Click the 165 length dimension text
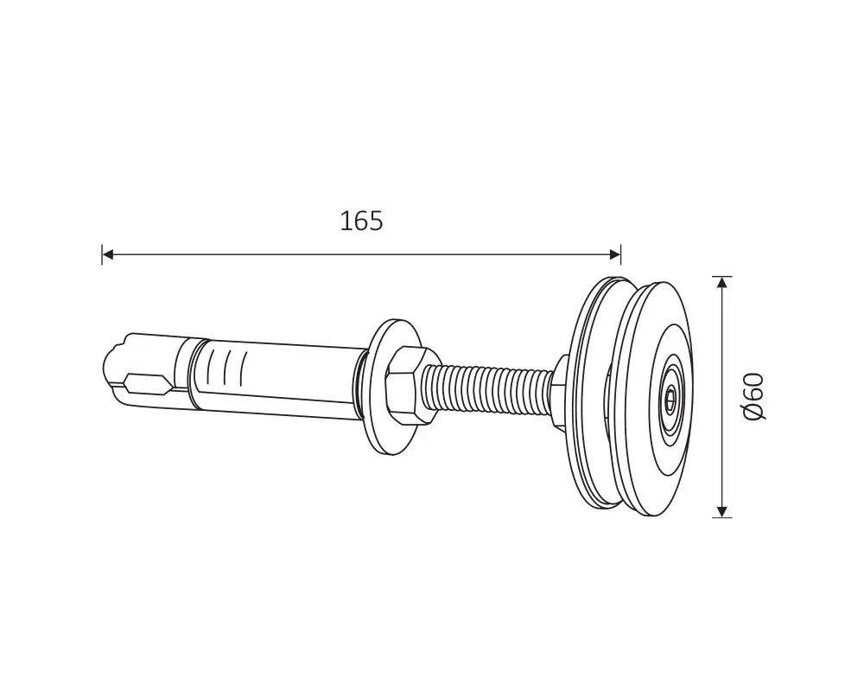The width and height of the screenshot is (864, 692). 361,221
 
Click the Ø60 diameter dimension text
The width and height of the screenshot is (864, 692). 753,396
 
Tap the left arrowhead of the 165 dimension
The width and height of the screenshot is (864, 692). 108,254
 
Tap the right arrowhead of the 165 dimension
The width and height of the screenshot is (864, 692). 615,254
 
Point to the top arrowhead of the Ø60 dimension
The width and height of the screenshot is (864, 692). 721,282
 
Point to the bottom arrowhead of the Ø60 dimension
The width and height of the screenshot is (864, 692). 721,511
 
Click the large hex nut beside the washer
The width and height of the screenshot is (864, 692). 408,387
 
